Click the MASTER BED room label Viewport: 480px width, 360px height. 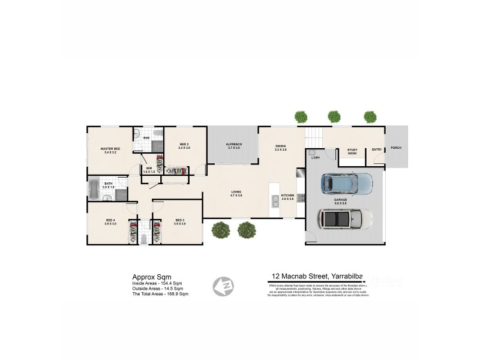pyautogui.click(x=110, y=148)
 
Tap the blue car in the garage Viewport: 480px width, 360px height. pyautogui.click(x=346, y=182)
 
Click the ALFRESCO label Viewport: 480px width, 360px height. pyautogui.click(x=233, y=145)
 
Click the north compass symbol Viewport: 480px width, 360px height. pyautogui.click(x=224, y=285)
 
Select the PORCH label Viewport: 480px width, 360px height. pyautogui.click(x=395, y=148)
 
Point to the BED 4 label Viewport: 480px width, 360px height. pyautogui.click(x=110, y=221)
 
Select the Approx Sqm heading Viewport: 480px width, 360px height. pyautogui.click(x=147, y=277)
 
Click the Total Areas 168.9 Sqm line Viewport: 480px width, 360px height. pyautogui.click(x=160, y=294)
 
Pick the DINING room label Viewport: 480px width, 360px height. pyautogui.click(x=280, y=146)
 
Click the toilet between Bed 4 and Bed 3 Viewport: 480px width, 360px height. pyautogui.click(x=144, y=239)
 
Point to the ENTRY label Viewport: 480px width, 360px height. pyautogui.click(x=376, y=149)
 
